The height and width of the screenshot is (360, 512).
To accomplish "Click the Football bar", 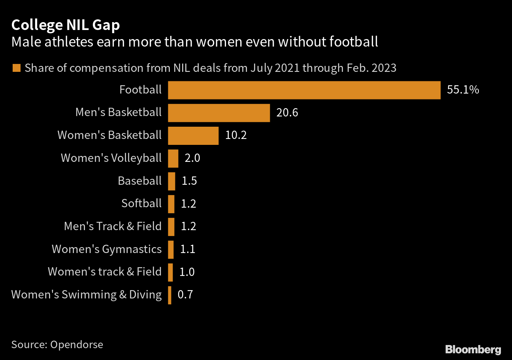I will [x=304, y=90].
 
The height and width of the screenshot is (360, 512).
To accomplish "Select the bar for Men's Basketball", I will [x=219, y=113].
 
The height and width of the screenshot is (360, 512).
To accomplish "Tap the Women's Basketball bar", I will [x=193, y=136].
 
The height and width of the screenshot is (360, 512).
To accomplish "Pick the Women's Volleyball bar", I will [x=173, y=159].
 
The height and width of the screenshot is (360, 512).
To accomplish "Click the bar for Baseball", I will [x=171, y=181].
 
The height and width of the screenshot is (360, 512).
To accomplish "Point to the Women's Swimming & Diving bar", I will [x=169, y=295].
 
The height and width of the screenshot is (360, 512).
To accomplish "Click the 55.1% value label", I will [x=463, y=90].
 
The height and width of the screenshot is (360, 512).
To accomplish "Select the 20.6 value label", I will [x=287, y=113].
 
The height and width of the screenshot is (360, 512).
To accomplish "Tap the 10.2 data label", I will [x=236, y=136].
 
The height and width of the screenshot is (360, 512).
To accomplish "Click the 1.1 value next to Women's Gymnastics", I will [x=188, y=249].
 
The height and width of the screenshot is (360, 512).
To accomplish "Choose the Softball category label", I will [x=141, y=204].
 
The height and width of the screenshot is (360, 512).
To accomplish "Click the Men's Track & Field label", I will [x=113, y=227].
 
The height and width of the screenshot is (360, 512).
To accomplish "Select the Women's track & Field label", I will [x=105, y=272].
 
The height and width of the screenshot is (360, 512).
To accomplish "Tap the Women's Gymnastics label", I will [x=107, y=249].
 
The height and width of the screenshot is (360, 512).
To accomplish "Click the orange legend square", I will [x=16, y=68].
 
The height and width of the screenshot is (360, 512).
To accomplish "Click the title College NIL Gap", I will [x=66, y=25].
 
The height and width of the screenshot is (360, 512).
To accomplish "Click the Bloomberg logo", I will [x=473, y=349].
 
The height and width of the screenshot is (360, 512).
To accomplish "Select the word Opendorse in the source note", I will [x=77, y=344].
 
